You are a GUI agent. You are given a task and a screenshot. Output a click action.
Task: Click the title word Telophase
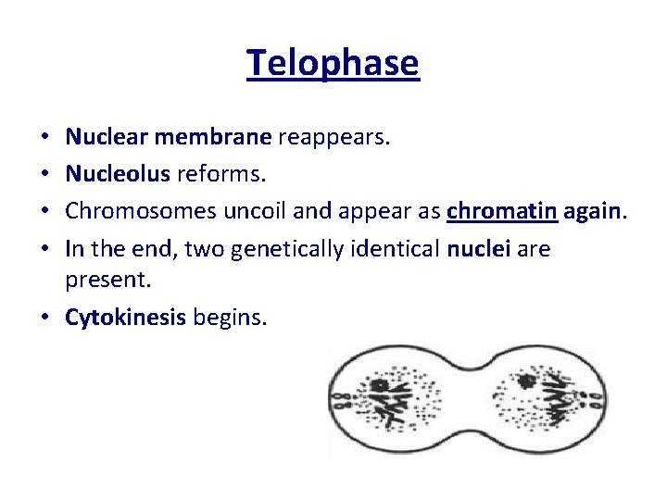point(333,63)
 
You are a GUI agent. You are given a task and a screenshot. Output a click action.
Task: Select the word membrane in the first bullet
point(213,138)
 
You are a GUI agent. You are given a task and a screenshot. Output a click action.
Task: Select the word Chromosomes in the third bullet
point(141,210)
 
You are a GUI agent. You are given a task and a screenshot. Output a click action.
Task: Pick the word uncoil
point(252,210)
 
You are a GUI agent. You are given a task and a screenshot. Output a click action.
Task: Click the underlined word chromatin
point(501,210)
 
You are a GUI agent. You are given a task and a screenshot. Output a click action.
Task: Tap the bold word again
point(595,210)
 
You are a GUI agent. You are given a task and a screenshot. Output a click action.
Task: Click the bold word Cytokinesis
point(126,318)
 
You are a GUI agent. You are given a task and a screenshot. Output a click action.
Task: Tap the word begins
point(230,318)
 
